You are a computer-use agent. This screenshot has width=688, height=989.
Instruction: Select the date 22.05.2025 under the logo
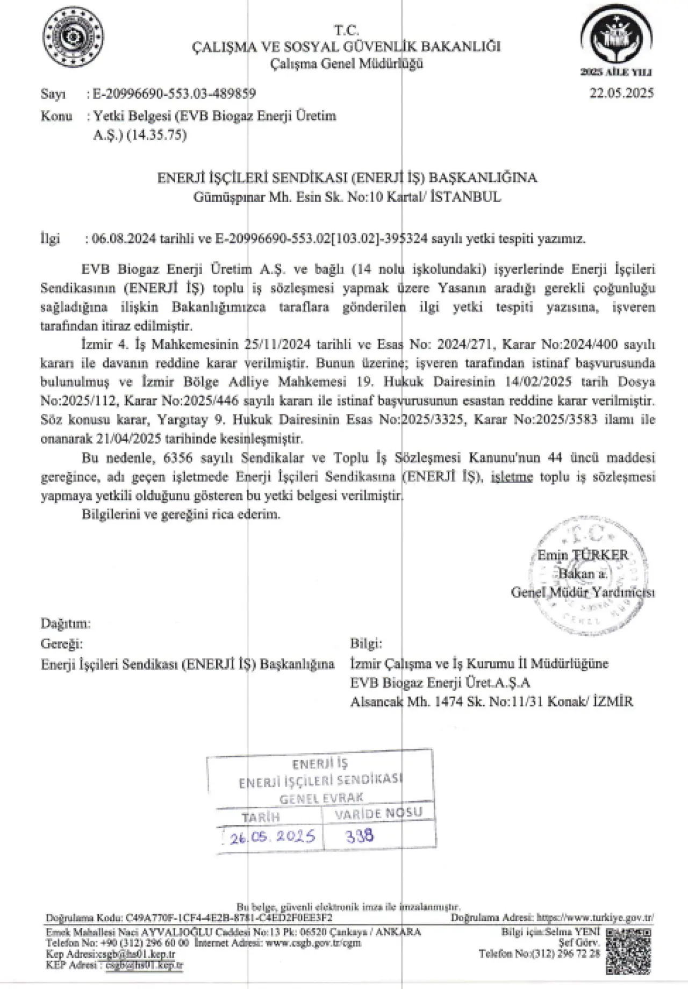(621, 94)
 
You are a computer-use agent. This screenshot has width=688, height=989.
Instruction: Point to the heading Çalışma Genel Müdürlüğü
(347, 63)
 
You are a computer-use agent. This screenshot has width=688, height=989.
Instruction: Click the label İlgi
(50, 239)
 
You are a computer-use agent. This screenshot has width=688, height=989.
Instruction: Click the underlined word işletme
(511, 477)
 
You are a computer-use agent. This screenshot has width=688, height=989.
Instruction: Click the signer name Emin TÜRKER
(583, 555)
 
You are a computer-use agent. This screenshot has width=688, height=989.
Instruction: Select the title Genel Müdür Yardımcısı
(583, 592)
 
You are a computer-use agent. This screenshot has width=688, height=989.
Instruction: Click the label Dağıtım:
(66, 623)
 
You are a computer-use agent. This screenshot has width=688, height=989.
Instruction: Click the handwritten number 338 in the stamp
(360, 836)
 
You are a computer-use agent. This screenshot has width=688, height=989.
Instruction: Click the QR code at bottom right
(628, 949)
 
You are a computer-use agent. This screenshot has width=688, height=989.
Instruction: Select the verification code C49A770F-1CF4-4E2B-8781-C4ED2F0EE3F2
(228, 917)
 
